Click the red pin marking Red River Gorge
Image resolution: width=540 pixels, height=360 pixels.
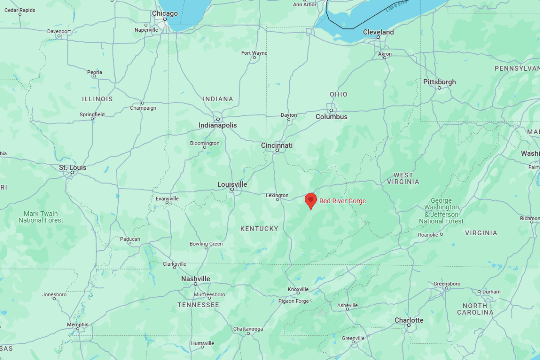tap(311, 200)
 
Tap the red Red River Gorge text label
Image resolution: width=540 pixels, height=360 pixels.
tap(343, 201)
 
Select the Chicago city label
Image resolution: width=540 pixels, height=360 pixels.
tap(165, 13)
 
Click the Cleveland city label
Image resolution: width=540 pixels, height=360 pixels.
tap(378, 32)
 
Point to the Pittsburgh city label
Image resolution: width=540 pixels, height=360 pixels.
tap(439, 82)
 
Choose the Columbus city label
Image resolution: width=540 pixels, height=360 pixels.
tap(331, 117)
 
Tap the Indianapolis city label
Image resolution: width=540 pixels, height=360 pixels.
tap(218, 125)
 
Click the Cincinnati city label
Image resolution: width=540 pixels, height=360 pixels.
tap(277, 145)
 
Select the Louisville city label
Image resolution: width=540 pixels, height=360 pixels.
tap(232, 184)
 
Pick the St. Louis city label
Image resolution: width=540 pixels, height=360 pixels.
tap(72, 167)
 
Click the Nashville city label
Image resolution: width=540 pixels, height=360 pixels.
tap(195, 279)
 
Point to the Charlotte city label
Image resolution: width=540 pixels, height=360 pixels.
tap(409, 320)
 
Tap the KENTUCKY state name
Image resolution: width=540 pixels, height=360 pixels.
tap(259, 229)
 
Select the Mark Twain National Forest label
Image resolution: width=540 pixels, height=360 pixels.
tap(41, 217)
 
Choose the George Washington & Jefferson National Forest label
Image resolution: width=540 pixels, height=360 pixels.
tap(441, 211)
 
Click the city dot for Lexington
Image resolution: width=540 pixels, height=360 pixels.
tap(278, 199)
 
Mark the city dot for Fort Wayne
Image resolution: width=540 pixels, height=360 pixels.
tap(254, 58)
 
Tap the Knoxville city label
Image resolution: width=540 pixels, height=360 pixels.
tap(298, 289)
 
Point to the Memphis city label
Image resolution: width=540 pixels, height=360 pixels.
tap(77, 324)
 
